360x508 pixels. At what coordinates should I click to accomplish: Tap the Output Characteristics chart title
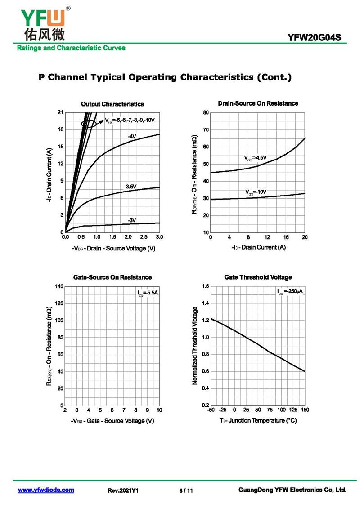point(112,104)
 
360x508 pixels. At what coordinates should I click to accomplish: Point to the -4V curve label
point(132,136)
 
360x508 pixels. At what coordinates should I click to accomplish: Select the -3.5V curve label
point(130,187)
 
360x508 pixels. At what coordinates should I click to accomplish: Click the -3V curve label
point(131,220)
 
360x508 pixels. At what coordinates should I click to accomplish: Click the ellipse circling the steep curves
point(89,123)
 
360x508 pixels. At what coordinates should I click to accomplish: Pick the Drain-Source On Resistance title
point(258,103)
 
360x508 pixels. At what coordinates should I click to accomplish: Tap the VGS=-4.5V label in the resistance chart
point(256,158)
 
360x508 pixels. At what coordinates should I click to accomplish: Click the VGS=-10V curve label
point(256,192)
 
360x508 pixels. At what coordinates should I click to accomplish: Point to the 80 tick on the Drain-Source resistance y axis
point(206,112)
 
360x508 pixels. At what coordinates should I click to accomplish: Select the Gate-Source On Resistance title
point(112,277)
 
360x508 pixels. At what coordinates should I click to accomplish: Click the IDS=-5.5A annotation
point(148,293)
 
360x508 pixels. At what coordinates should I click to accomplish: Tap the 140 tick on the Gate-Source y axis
point(59,286)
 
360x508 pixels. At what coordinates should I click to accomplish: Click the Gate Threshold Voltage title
point(258,277)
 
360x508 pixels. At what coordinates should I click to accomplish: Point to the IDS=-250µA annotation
point(290,292)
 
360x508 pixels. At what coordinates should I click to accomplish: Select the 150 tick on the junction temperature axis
point(305,410)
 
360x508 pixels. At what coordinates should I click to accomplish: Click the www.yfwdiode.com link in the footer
point(46,490)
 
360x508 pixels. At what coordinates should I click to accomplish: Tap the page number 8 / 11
point(186,490)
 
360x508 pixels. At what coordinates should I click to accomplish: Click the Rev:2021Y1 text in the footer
point(123,490)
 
